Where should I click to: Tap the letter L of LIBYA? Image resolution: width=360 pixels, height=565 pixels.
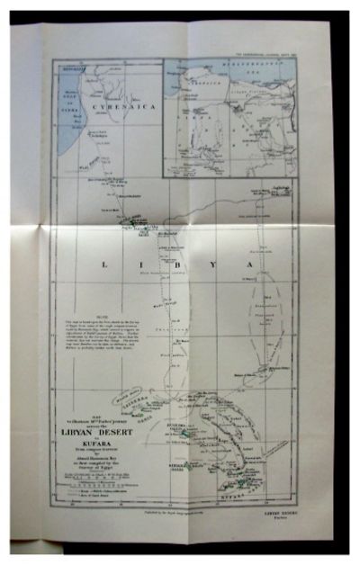[x=106, y=265]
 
